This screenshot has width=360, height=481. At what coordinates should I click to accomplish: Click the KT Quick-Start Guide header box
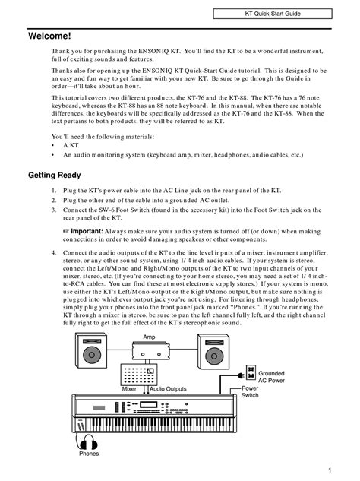coord(273,14)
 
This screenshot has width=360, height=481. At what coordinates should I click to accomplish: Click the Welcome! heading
coord(49,36)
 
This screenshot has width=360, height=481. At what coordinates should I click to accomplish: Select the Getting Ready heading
coord(55,176)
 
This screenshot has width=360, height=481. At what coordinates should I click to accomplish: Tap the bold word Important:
coord(87,231)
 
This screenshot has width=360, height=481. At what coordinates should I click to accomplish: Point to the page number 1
coord(330,470)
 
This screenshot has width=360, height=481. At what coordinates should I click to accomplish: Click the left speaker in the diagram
coord(91,350)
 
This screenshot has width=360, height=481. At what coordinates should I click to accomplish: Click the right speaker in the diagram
coord(213,352)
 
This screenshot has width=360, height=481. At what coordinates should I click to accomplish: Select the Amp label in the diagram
coord(149,337)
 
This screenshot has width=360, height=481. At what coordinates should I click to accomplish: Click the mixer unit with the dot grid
coord(139,375)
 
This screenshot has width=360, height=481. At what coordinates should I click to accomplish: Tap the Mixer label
coord(129,388)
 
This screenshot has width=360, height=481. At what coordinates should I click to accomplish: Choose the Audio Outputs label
coord(168,388)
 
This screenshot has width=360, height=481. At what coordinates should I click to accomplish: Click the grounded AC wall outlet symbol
coord(251,372)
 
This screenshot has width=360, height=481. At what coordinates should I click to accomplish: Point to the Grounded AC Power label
coord(271,377)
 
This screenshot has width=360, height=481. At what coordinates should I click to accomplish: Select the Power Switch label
coord(250,392)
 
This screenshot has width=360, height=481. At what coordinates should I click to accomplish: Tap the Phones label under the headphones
coord(89,454)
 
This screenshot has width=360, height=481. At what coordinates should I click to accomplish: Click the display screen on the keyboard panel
coord(148,404)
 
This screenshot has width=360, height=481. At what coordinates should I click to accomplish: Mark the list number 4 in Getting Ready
coord(54,253)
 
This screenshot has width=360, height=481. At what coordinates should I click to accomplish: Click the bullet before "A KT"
coord(52,146)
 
